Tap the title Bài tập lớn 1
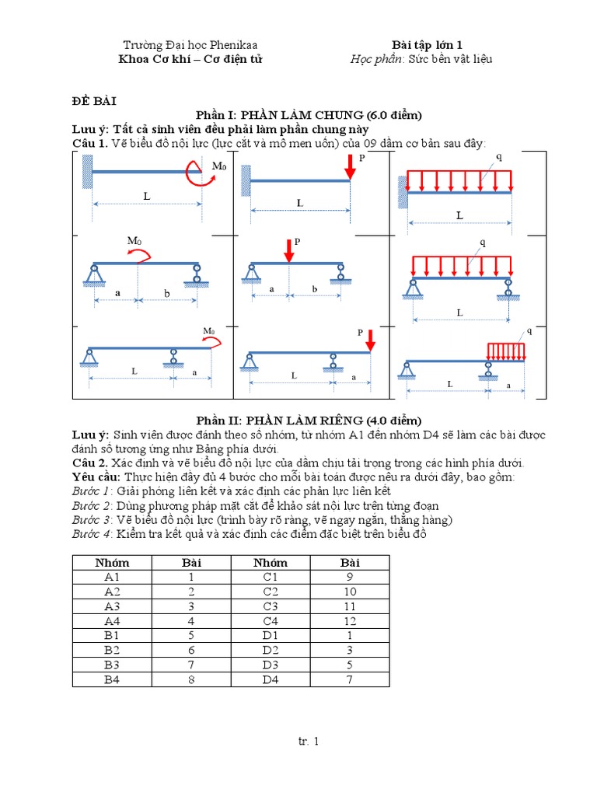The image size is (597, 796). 428,45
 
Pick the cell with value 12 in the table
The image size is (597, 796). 351,619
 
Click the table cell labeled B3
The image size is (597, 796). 111,665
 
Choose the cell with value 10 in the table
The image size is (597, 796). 351,591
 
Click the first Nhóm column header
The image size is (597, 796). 111,562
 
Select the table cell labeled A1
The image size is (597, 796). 111,577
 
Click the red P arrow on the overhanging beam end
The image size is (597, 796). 370,340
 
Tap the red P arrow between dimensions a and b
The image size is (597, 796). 289,250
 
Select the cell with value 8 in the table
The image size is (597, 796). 351,679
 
